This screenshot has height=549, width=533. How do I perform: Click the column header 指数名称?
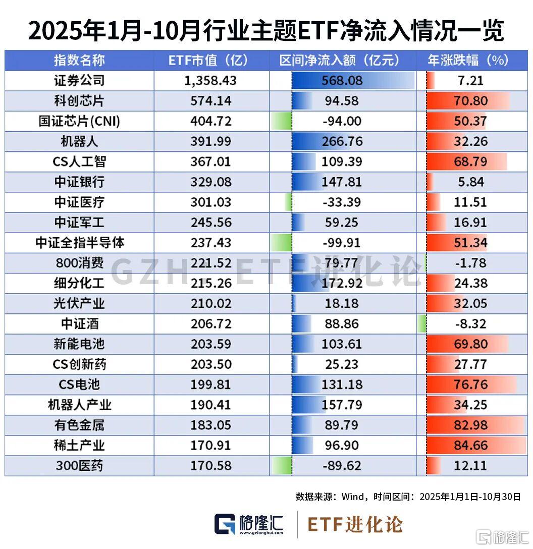tap(79, 61)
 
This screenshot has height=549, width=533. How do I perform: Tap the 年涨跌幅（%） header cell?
tap(468, 61)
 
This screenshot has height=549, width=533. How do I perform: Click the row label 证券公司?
tap(79, 81)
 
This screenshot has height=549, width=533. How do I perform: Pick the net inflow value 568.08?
tap(342, 81)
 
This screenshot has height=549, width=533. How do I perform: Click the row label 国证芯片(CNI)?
tap(79, 122)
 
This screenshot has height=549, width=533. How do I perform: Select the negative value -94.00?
tap(342, 122)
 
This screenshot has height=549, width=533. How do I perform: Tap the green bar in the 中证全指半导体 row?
tap(281, 243)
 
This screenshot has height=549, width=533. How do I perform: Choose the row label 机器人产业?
tap(79, 405)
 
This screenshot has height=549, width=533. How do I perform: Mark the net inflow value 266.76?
tap(342, 141)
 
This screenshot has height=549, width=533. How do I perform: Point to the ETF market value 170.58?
tap(211, 466)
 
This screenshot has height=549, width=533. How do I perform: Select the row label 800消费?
tap(79, 263)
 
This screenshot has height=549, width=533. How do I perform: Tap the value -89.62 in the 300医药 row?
tap(342, 466)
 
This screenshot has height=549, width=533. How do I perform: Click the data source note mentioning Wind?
tap(408, 497)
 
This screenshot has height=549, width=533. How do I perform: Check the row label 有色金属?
tap(79, 425)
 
